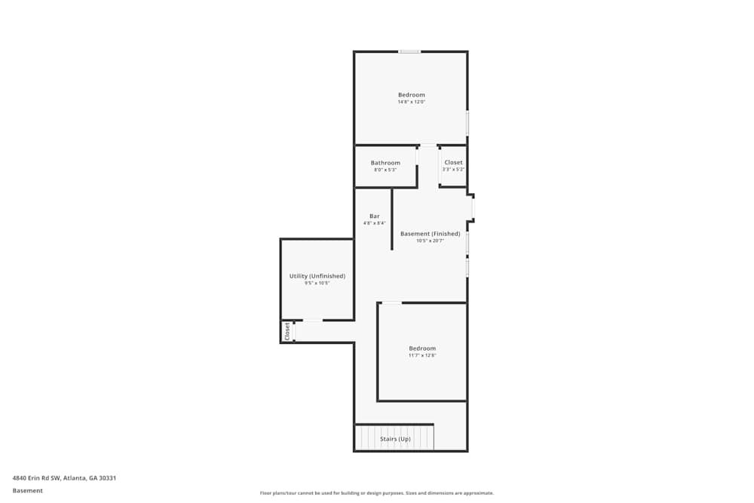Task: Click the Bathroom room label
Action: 385,163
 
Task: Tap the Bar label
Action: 374,216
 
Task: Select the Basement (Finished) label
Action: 430,234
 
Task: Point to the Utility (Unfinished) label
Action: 317,276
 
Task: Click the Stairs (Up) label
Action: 395,439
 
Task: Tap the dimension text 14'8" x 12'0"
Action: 412,102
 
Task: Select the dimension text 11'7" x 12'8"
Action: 422,355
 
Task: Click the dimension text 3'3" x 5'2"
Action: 453,170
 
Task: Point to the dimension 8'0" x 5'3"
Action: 385,170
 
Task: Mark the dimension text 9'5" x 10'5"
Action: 317,283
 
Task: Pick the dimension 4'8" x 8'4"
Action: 374,223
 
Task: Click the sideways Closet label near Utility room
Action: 287,331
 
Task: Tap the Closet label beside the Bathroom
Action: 453,163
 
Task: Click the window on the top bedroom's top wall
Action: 409,51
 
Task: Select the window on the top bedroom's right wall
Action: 467,123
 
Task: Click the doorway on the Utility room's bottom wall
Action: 313,321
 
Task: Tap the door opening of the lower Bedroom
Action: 391,303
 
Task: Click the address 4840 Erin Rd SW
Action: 64,478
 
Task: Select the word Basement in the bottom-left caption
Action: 28,491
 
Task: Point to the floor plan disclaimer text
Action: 377,493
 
